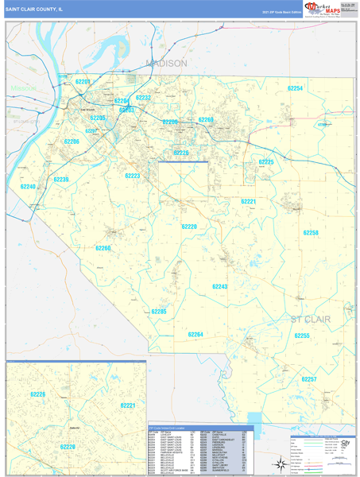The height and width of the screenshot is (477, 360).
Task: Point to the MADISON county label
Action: (166, 63)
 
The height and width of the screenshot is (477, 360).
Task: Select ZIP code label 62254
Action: (296, 88)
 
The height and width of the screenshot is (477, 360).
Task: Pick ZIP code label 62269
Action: (206, 120)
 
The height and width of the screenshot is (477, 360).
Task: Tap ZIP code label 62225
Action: (265, 161)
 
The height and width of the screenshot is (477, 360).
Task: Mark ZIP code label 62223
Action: (132, 176)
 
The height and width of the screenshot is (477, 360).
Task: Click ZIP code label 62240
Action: (28, 187)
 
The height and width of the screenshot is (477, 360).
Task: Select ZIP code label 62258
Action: (311, 232)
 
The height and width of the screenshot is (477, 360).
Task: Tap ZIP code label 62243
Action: (219, 285)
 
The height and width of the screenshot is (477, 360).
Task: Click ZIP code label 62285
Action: (159, 312)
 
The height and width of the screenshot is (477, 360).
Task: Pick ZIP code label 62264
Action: (195, 335)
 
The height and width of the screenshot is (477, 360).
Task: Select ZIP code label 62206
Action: (72, 142)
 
